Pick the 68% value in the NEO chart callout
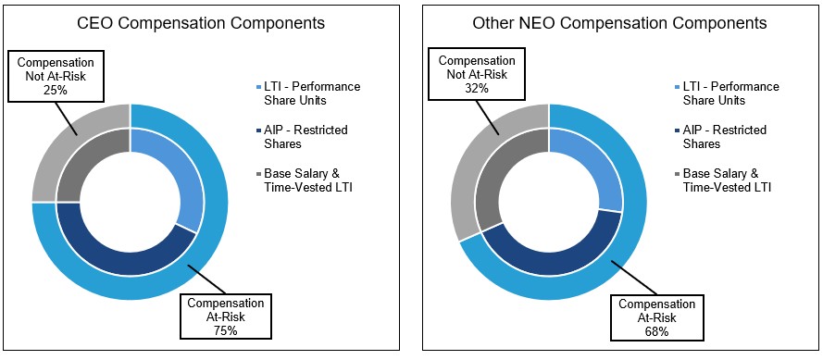click(657, 332)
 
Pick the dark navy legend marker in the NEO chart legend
click(678, 130)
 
